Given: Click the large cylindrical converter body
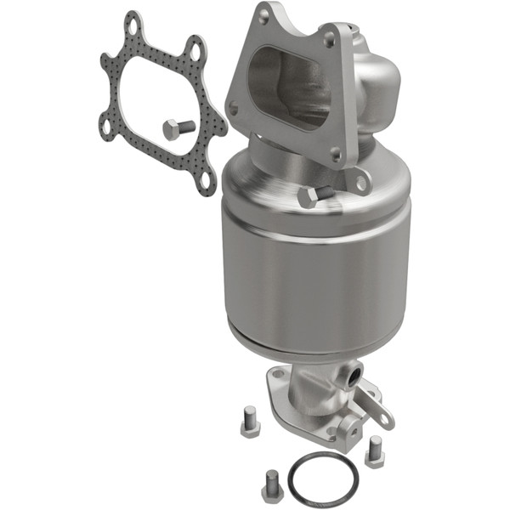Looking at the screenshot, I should (x=314, y=272).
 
